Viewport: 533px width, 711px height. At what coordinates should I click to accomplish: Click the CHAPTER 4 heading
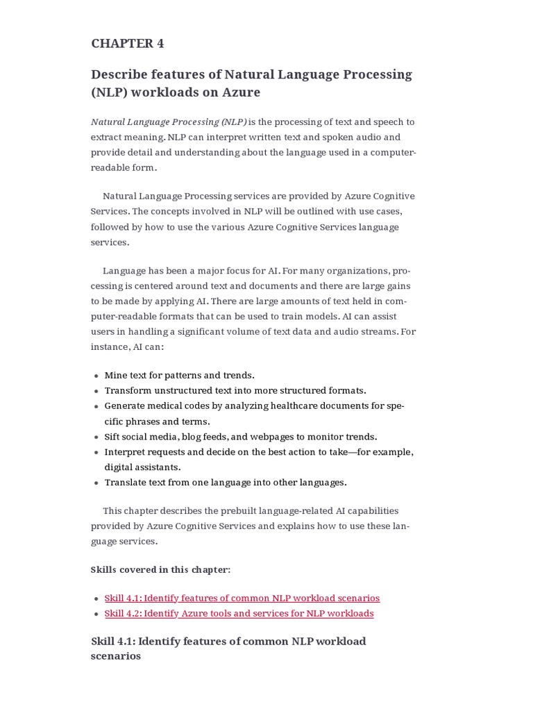point(128,43)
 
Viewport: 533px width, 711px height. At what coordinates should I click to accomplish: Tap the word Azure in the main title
point(242,92)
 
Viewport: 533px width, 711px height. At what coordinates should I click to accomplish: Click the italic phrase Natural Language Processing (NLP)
point(169,122)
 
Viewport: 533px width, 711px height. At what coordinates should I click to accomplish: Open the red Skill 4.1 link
point(242,598)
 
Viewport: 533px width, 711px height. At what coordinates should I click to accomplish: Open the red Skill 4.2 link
point(239,613)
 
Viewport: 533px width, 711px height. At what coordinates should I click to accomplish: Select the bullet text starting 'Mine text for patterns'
point(179,375)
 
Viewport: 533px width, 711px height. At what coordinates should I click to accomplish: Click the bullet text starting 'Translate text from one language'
point(226,482)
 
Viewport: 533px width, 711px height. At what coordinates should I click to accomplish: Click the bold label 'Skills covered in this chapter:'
point(160,569)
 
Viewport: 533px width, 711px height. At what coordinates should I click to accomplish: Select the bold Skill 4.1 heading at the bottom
point(228,648)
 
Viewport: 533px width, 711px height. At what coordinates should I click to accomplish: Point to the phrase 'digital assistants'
point(142,467)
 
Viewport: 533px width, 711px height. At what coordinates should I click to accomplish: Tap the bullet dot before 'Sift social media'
point(96,437)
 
